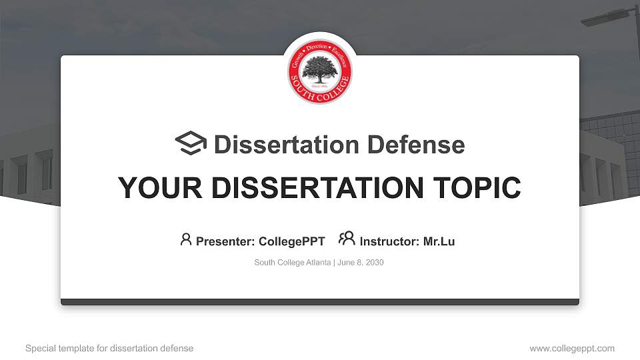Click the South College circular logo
coord(320,71)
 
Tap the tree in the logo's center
coord(320,69)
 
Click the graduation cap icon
coord(191,143)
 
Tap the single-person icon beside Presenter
coord(186,239)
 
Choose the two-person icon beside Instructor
coord(347,239)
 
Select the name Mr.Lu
coord(439,241)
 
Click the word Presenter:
coord(225,241)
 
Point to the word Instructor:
coord(389,241)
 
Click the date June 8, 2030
coord(361,263)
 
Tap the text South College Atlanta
coord(293,263)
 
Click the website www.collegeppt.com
coord(572,348)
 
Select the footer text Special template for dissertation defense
coord(109,348)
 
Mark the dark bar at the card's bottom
coord(320,302)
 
